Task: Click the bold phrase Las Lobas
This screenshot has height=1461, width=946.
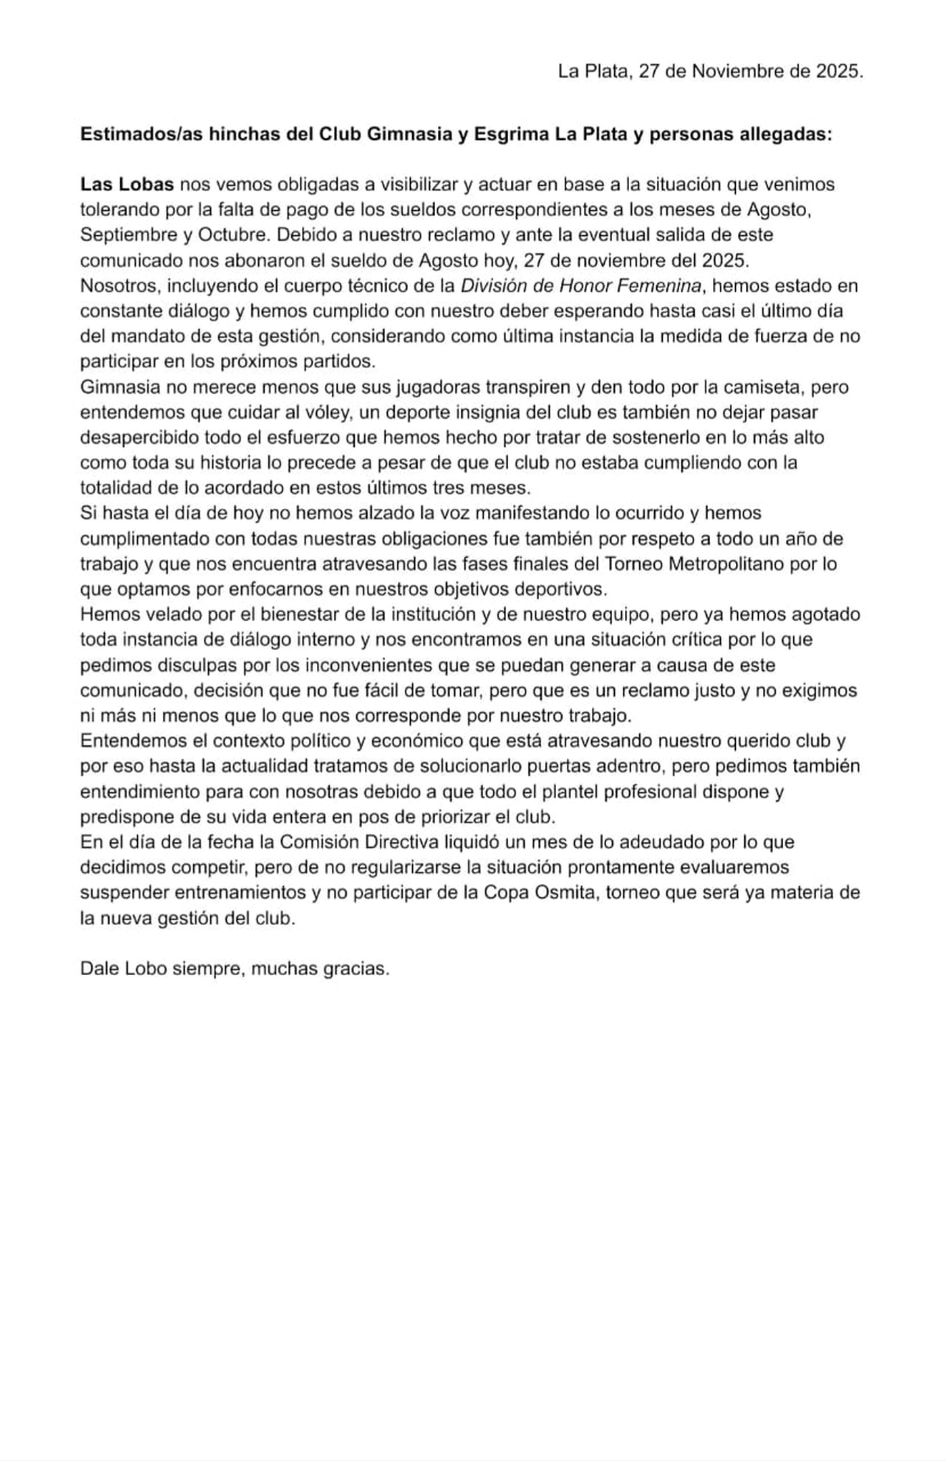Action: (x=127, y=184)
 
